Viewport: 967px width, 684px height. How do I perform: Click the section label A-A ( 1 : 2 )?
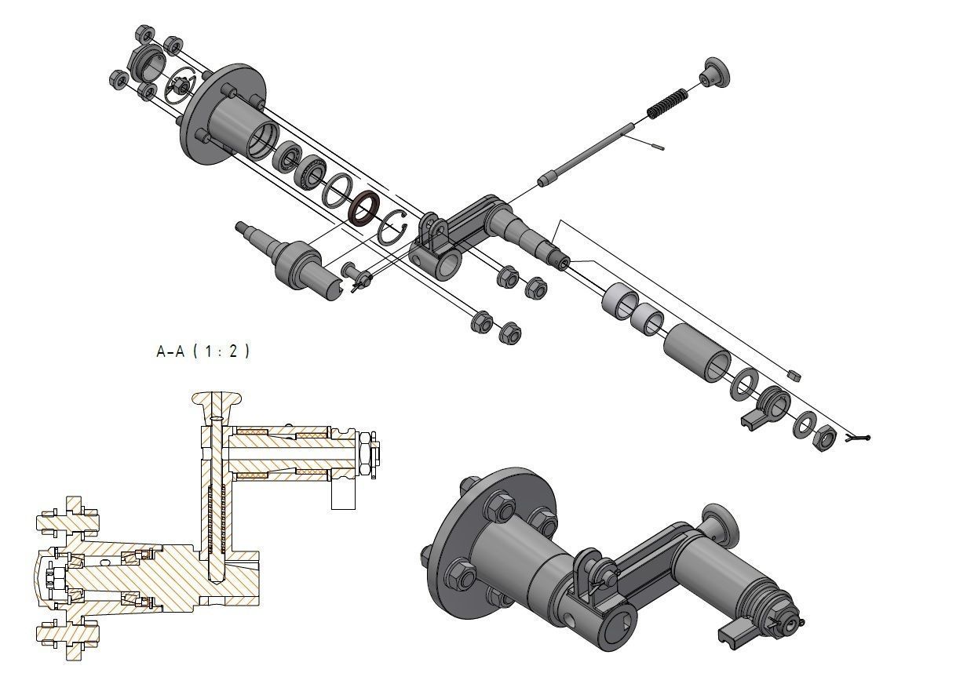pos(203,351)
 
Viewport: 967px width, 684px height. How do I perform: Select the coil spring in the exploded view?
pos(666,104)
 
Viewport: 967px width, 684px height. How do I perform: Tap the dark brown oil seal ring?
pos(364,209)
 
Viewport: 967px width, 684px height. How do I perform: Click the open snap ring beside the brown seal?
pos(392,227)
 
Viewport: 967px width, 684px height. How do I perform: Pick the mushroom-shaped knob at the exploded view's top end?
pos(715,72)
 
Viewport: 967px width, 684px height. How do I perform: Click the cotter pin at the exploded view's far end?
pos(858,439)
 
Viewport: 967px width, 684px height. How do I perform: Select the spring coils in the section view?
pos(217,519)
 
